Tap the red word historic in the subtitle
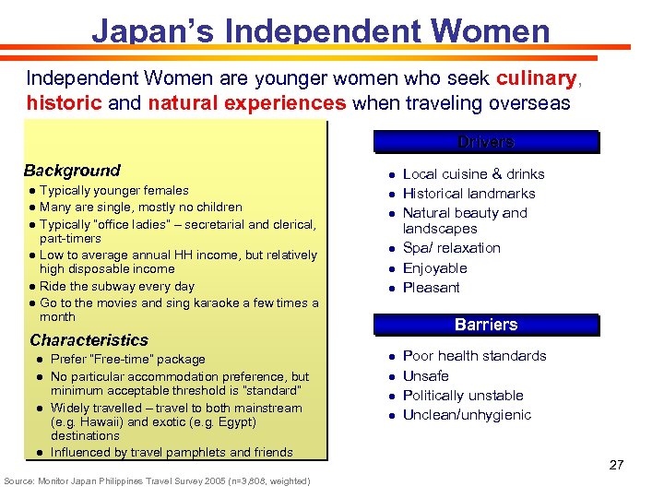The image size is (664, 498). point(65,102)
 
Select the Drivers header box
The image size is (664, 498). point(486,142)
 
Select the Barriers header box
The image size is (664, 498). point(486,325)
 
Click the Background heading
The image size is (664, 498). point(72,171)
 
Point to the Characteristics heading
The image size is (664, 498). point(89,340)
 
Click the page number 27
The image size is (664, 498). point(616,465)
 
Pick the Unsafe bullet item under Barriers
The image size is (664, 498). point(426,375)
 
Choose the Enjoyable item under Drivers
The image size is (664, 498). point(435,268)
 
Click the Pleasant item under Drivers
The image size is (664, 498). point(432,288)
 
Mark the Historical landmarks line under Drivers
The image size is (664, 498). point(469,194)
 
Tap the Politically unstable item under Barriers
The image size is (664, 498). point(463,396)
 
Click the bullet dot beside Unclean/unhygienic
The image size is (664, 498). point(392,416)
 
